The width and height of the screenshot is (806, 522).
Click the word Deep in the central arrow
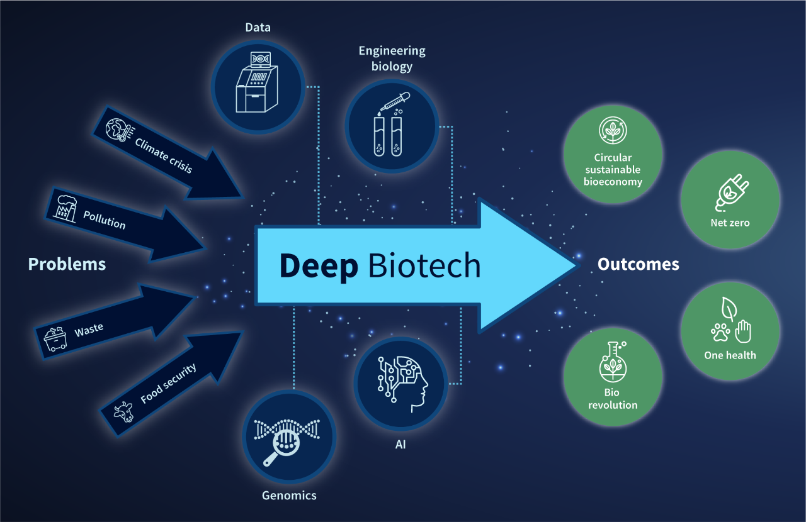pos(319,266)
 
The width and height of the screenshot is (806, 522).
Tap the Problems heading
pos(67,264)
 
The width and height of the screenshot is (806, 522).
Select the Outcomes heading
pos(638,264)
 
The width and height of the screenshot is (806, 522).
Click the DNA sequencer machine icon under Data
pos(257,82)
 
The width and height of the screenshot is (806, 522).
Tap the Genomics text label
pos(289,496)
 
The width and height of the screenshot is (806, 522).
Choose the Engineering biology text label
pos(392,58)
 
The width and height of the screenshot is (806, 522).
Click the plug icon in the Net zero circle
pos(730,192)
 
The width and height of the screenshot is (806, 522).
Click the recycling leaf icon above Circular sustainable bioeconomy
pos(612,130)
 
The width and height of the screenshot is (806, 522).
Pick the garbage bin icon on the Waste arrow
pos(55,338)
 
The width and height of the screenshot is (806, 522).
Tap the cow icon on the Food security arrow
pos(123,412)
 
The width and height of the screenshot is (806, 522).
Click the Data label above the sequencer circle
pos(258,27)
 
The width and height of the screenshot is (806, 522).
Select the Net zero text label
pos(730,223)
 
